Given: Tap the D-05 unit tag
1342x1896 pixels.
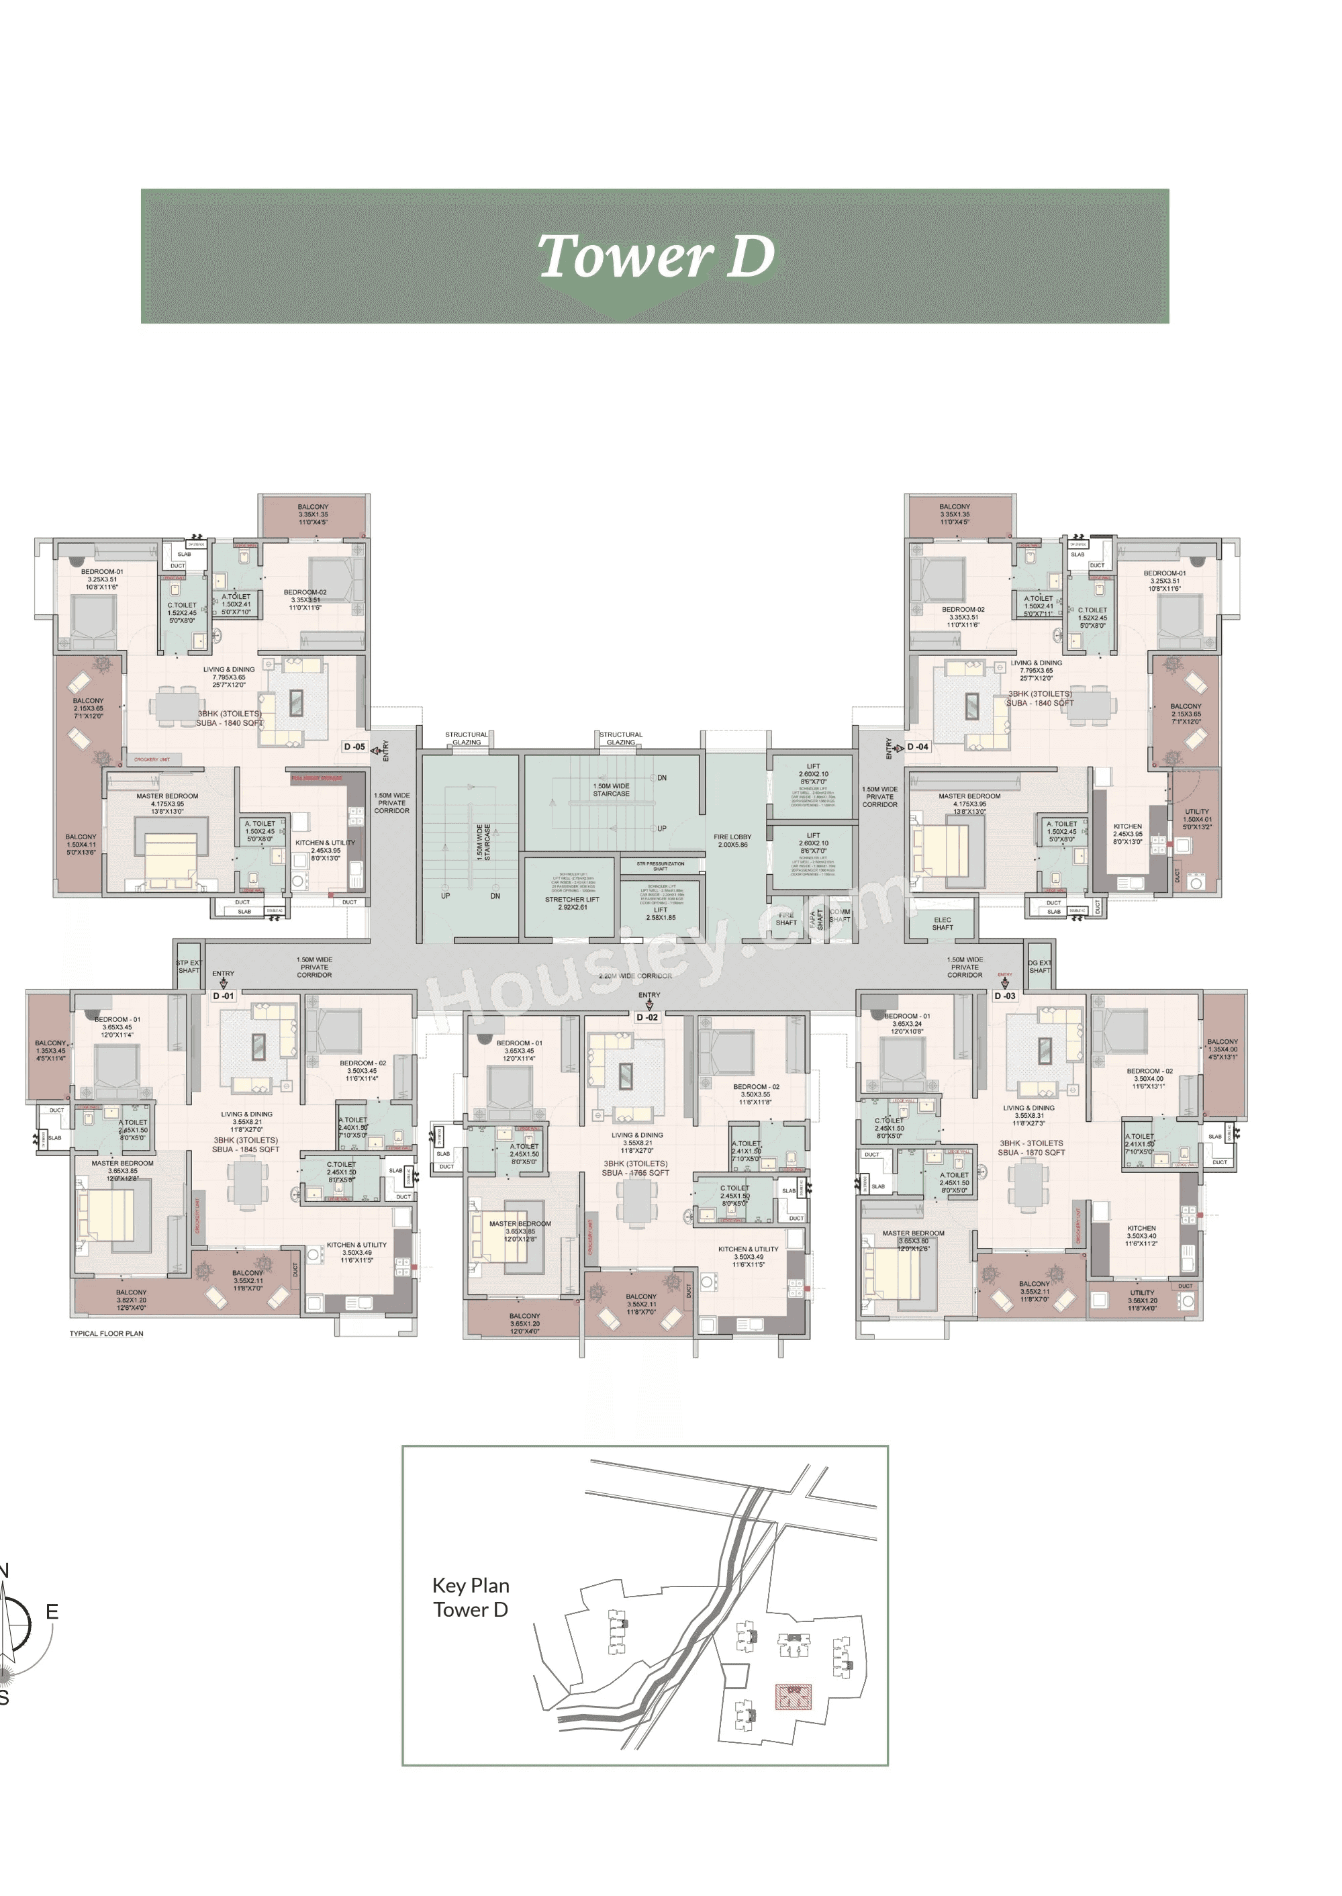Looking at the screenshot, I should click(354, 747).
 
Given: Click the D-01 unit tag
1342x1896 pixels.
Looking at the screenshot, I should click(223, 996).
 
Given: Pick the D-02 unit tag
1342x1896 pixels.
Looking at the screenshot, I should click(647, 1017).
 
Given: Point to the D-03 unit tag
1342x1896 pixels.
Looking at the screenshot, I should click(1005, 996).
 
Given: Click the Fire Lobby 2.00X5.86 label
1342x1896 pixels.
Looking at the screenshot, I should click(732, 841).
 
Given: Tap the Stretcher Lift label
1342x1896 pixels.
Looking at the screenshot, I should click(572, 902).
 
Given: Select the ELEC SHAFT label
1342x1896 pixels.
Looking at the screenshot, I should click(942, 923).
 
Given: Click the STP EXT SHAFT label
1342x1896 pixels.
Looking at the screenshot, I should click(189, 966).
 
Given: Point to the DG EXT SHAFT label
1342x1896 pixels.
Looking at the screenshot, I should click(1039, 966).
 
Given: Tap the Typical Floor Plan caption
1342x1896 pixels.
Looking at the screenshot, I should click(106, 1333).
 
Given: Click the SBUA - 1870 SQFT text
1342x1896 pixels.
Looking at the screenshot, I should click(1031, 1152).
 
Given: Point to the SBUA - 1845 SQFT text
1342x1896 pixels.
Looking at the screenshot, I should click(246, 1149).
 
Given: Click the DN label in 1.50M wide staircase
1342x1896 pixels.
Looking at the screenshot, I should click(661, 777).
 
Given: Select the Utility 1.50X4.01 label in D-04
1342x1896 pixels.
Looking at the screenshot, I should click(1196, 819).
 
